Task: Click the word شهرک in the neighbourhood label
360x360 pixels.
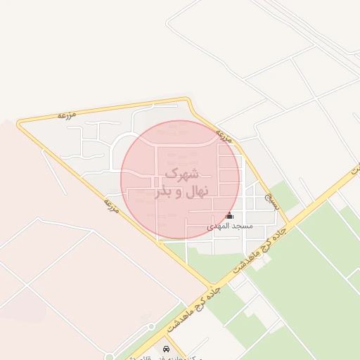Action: click(x=181, y=174)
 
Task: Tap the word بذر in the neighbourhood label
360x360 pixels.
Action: click(x=163, y=191)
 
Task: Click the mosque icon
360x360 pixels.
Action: click(x=229, y=216)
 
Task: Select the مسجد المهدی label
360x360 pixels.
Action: click(x=229, y=227)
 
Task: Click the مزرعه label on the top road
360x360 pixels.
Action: click(x=67, y=113)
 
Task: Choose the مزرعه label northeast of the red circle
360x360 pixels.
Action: click(x=224, y=134)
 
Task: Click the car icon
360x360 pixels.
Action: click(x=167, y=348)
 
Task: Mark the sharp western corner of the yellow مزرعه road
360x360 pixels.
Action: click(x=19, y=123)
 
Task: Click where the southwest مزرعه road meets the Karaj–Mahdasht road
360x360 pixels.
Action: click(x=212, y=287)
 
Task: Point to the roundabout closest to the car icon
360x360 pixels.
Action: click(x=151, y=326)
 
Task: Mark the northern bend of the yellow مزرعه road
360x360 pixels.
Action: click(x=188, y=100)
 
